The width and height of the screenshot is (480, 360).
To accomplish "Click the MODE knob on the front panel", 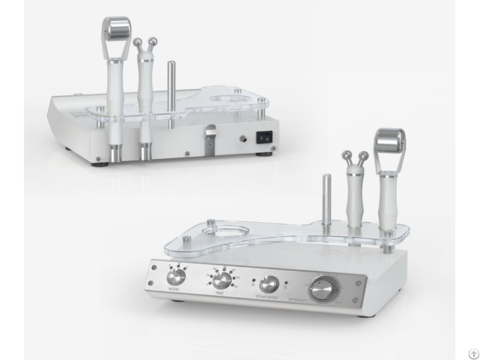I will tap(176, 276).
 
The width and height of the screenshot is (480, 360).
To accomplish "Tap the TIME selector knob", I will tap(221, 280).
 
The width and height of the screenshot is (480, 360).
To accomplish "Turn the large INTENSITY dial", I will tap(324, 288).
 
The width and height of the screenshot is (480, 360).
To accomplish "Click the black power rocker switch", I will tap(262, 138).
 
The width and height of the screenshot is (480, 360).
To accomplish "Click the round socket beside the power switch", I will tap(241, 138).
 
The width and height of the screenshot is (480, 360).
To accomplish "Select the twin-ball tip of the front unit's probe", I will tap(354, 157).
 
